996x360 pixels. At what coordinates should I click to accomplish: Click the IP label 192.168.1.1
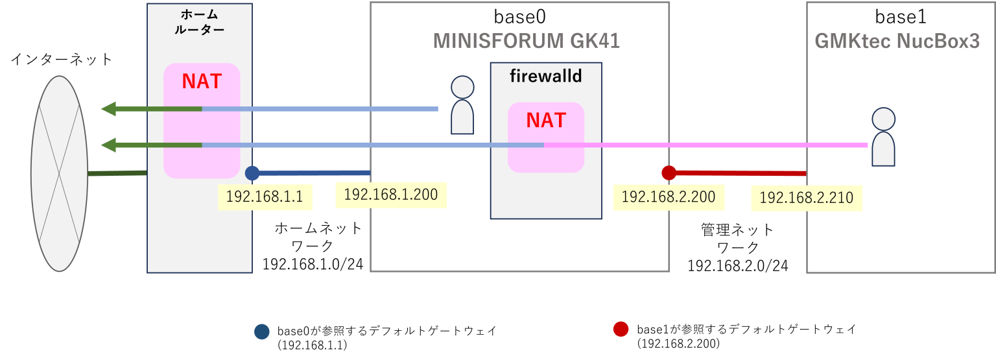tap(265, 197)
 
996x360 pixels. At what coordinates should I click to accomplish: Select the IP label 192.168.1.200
tap(390, 194)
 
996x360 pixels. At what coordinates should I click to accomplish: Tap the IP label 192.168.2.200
tap(668, 197)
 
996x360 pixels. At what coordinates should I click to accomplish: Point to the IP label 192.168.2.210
tap(806, 198)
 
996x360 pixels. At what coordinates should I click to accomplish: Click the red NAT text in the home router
tap(202, 82)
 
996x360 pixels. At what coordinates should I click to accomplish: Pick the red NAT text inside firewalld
tap(546, 121)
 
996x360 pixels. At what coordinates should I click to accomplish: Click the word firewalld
tap(546, 77)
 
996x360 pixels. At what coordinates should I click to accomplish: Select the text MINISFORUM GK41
tap(526, 42)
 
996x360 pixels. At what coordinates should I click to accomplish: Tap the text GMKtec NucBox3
tap(897, 42)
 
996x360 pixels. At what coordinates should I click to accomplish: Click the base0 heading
tap(518, 17)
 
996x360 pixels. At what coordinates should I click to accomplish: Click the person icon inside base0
tap(462, 105)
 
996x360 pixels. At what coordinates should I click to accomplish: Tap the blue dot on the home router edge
tap(252, 173)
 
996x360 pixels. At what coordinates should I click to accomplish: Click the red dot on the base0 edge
tap(669, 173)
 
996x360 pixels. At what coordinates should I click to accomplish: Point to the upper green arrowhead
tap(109, 109)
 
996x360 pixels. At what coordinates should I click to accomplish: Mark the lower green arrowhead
tap(109, 145)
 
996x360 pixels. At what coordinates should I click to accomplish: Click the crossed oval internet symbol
tap(60, 173)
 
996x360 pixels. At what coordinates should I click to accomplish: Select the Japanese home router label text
tap(199, 23)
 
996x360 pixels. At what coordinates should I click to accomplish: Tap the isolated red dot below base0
tap(621, 329)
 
